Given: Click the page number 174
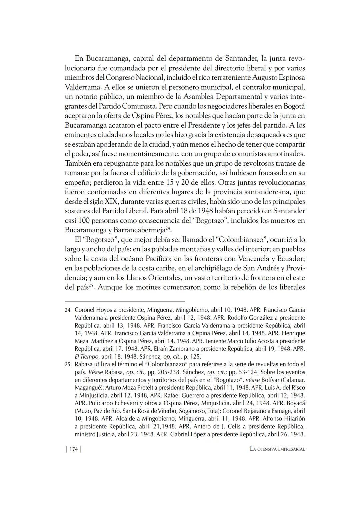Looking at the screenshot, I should [73, 449].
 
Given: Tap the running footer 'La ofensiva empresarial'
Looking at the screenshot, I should [277, 449].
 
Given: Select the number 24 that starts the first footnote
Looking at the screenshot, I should [68, 310].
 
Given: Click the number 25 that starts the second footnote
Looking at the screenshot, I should [68, 364].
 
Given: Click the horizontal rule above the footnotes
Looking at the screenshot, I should [125, 301].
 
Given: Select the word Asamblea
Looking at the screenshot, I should [199, 97].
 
